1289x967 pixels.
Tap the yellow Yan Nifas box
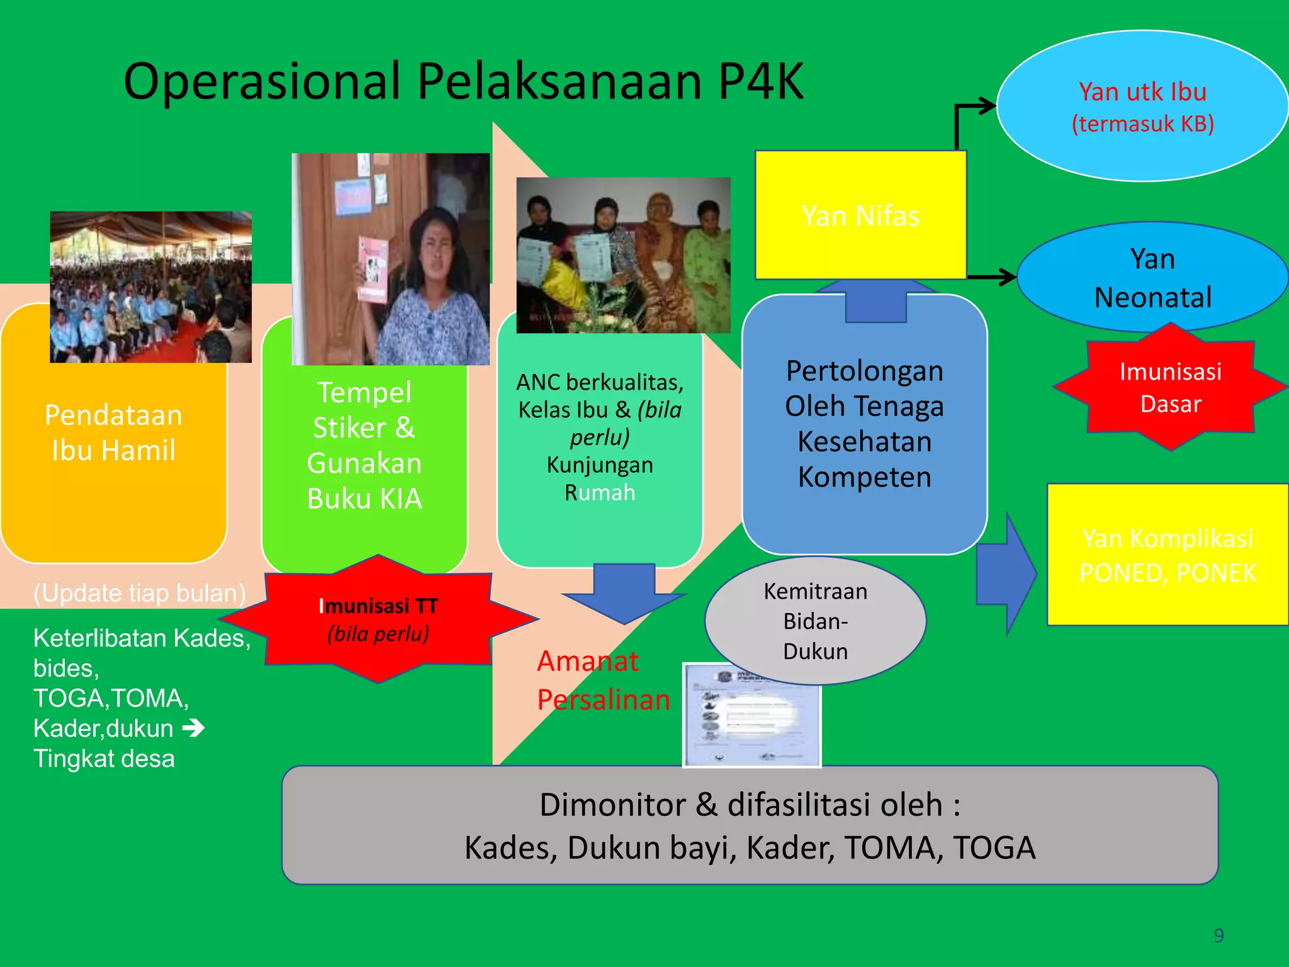pyautogui.click(x=860, y=215)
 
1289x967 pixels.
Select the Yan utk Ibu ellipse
pyautogui.click(x=1142, y=107)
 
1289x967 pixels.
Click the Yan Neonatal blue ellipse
pyautogui.click(x=1152, y=278)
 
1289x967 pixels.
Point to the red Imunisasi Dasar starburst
pyautogui.click(x=1171, y=387)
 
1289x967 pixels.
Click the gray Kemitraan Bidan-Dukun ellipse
pyautogui.click(x=815, y=621)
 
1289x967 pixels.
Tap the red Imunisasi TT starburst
pyautogui.click(x=378, y=619)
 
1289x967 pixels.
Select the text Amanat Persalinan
pyautogui.click(x=602, y=681)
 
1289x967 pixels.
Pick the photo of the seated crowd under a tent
pyautogui.click(x=150, y=287)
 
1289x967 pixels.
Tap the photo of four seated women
pyautogui.click(x=623, y=255)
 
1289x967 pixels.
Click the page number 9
pyautogui.click(x=1219, y=936)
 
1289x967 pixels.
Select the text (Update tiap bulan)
pyautogui.click(x=139, y=593)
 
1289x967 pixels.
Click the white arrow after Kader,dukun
pyautogui.click(x=193, y=728)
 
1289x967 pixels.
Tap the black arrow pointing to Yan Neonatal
pyautogui.click(x=993, y=276)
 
